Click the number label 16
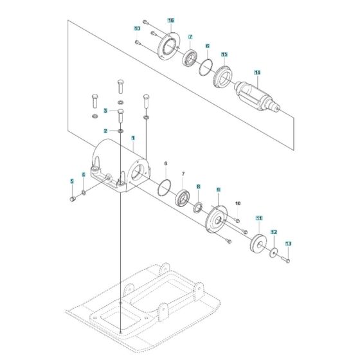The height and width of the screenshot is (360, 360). [170, 21]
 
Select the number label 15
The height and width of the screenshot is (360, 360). [224, 55]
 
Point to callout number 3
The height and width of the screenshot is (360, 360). [105, 111]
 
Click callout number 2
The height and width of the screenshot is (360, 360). [105, 130]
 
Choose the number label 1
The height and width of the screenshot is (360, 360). [133, 138]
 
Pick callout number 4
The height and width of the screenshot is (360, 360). [82, 175]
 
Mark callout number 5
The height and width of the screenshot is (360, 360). [72, 181]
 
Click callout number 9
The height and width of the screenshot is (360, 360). [219, 190]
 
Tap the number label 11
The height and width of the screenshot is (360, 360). [259, 219]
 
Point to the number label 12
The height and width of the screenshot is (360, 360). [273, 231]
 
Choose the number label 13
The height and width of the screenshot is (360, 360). [288, 244]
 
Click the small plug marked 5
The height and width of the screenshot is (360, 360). [73, 199]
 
